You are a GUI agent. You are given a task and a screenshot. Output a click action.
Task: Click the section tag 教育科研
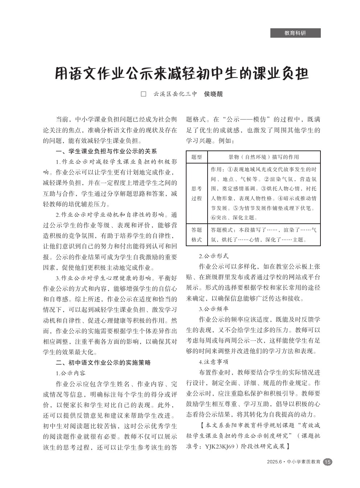tap(295, 33)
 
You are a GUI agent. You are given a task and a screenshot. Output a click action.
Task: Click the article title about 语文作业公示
tap(181, 73)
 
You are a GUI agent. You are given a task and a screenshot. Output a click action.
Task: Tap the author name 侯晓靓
tap(213, 94)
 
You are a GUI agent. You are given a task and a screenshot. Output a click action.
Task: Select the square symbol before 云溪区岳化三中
tap(143, 94)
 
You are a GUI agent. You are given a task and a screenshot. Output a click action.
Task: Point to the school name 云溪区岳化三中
tap(175, 94)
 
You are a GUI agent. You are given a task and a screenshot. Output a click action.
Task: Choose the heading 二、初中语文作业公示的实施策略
tap(103, 362)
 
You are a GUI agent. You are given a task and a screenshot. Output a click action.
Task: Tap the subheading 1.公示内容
tap(70, 373)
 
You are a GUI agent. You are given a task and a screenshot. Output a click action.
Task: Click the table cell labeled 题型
tap(196, 157)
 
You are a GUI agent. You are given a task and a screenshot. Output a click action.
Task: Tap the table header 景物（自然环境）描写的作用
tap(263, 157)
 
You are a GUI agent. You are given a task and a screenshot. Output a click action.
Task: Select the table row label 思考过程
tap(196, 193)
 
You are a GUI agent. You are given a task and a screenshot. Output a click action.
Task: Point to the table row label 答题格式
tap(196, 235)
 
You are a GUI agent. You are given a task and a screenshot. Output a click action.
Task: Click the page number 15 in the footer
tap(327, 462)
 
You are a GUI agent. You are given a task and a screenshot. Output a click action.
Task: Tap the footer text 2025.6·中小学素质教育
tap(294, 462)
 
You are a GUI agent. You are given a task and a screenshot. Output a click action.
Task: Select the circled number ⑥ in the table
tap(213, 218)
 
